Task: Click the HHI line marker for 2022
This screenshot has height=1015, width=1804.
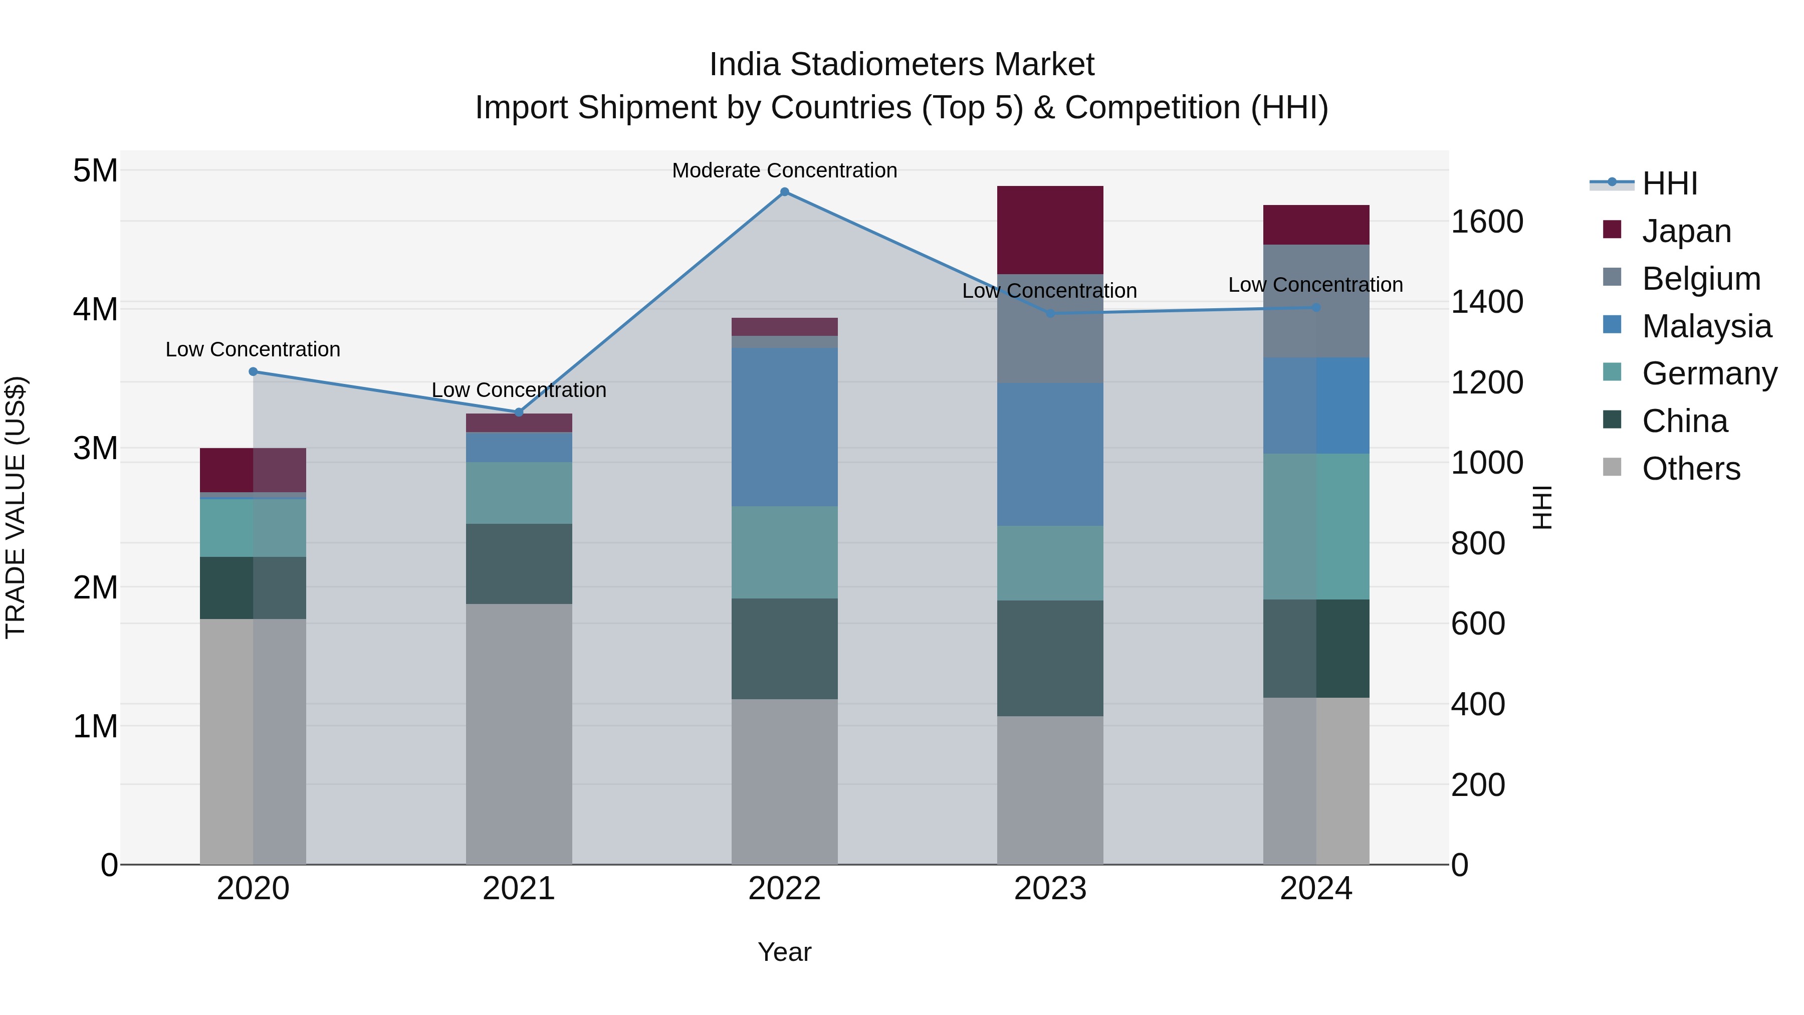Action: [x=784, y=192]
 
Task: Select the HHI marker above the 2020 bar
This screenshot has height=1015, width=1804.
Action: [x=254, y=372]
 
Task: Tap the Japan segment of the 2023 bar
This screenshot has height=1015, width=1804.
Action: [x=1050, y=230]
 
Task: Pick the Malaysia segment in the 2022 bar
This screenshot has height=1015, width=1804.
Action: [x=784, y=427]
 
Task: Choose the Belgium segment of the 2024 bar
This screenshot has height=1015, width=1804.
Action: [x=1316, y=301]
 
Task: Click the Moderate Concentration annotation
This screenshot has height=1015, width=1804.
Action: [x=784, y=170]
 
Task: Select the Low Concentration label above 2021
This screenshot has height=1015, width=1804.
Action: [x=519, y=390]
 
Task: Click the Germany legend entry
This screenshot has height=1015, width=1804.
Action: [x=1709, y=373]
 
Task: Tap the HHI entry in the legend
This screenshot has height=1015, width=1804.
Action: [x=1669, y=183]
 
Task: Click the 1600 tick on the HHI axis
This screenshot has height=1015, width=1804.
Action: [x=1487, y=222]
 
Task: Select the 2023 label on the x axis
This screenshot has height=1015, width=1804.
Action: [x=1050, y=889]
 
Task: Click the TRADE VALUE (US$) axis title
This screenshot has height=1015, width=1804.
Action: [x=16, y=507]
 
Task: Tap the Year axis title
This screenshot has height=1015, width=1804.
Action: [x=784, y=952]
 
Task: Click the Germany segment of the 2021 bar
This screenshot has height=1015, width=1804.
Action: [x=519, y=493]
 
